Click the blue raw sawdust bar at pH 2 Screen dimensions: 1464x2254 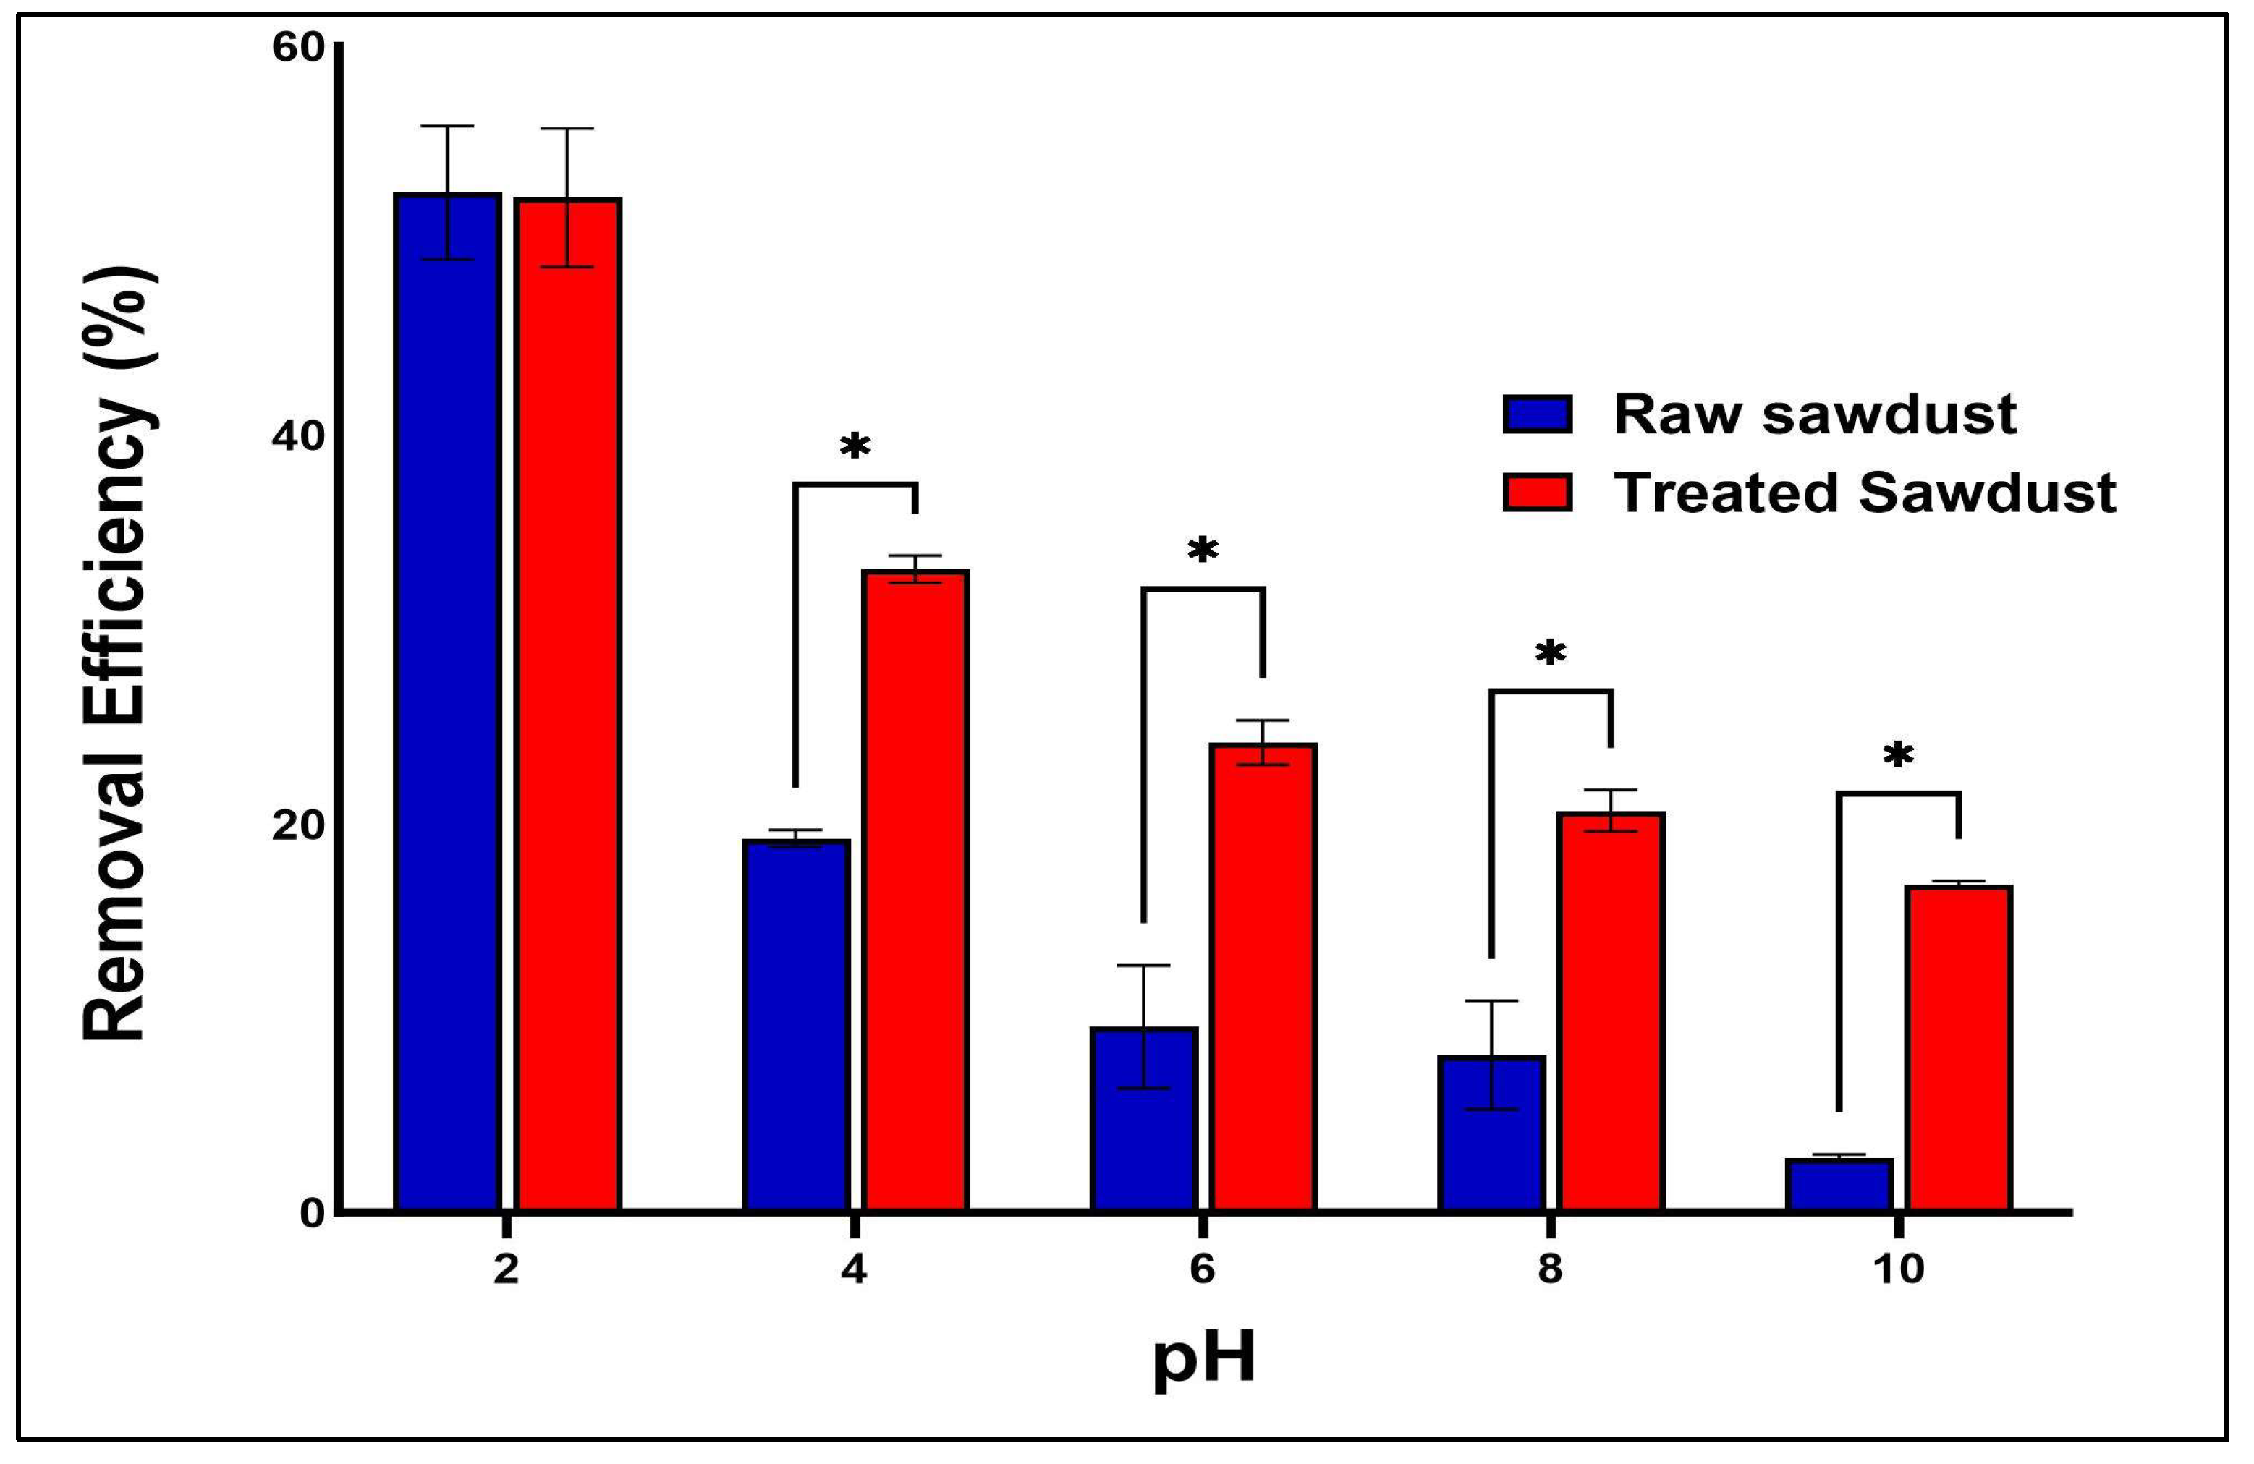447,701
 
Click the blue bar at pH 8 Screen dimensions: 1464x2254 1491,1131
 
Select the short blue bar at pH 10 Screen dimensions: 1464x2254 1839,1183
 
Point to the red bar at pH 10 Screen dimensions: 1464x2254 1959,1047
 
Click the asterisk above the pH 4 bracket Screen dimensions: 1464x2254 855,447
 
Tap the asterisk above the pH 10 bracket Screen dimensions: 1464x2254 1898,756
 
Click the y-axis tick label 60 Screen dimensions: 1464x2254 298,48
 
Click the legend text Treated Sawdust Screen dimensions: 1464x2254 1864,493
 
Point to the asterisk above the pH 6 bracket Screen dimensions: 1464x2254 1203,550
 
